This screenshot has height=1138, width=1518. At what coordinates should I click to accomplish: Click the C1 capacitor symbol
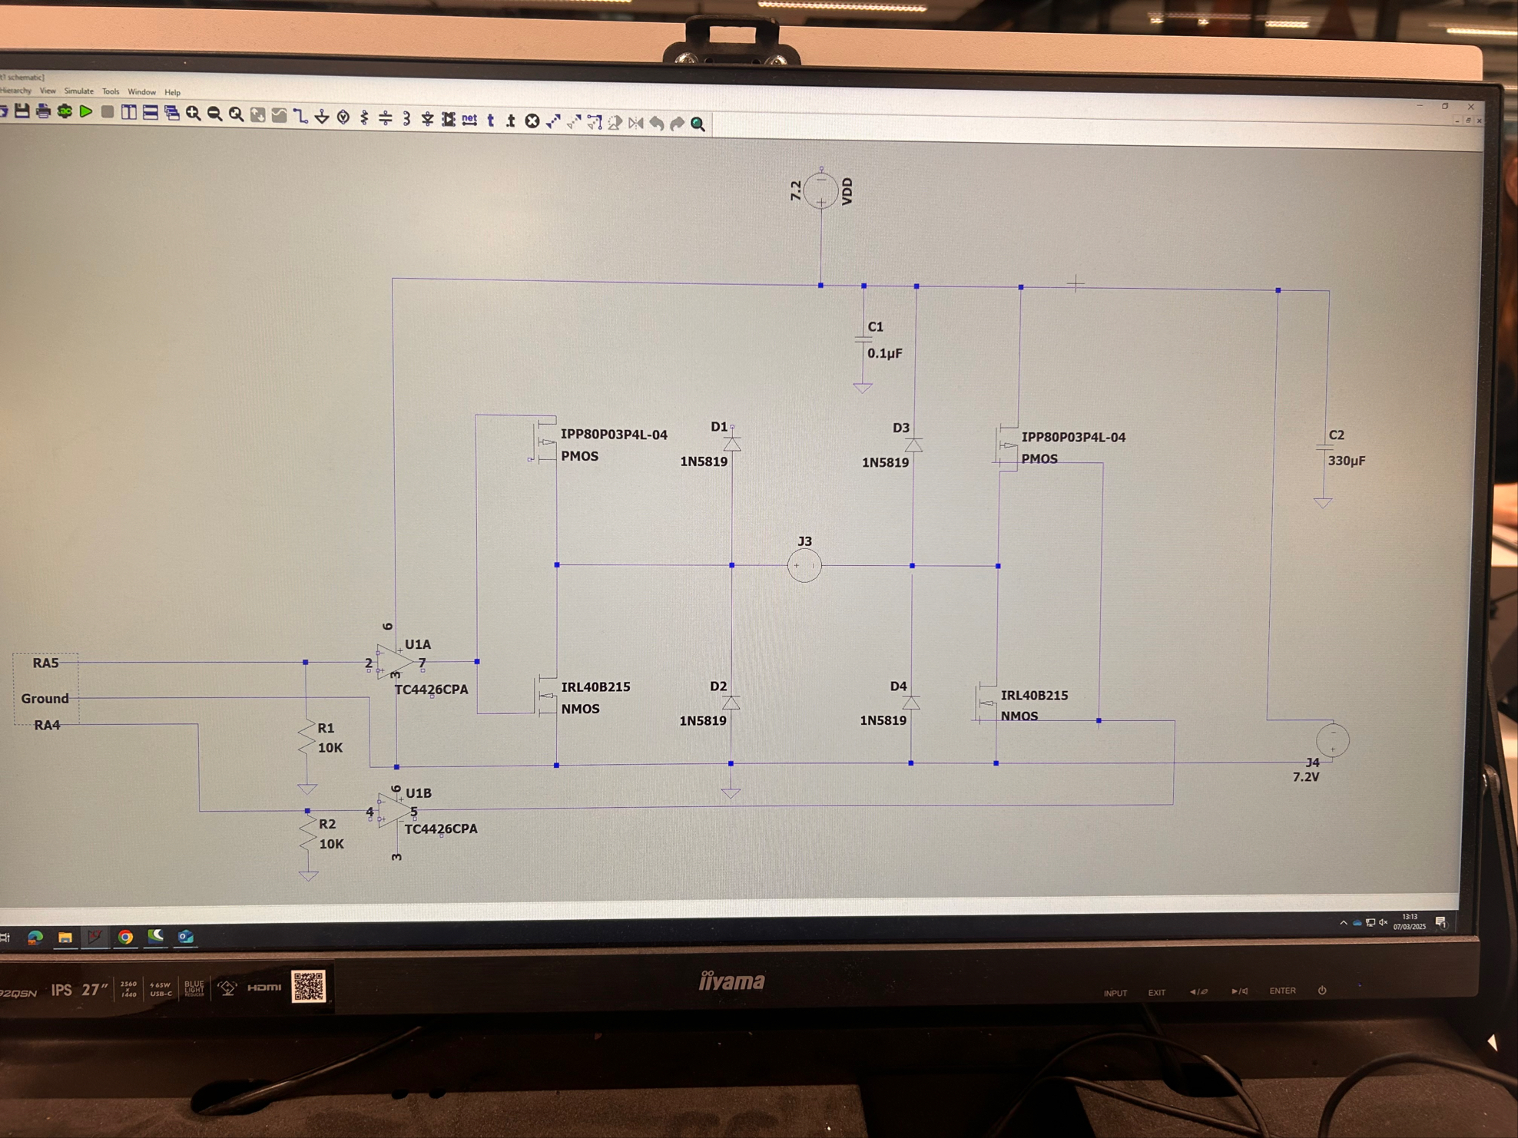[x=863, y=340]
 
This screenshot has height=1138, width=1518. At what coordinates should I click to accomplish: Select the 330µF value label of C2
[x=1346, y=461]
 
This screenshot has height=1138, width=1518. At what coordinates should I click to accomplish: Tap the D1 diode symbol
[x=731, y=444]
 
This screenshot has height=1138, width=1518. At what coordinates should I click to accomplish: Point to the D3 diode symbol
[x=913, y=445]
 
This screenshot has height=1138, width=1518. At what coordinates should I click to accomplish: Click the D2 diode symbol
[x=731, y=703]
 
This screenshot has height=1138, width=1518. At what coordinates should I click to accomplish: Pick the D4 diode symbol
[x=911, y=703]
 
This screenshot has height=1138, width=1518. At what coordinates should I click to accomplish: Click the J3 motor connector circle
[x=804, y=566]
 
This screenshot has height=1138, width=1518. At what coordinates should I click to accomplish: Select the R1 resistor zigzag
[x=307, y=738]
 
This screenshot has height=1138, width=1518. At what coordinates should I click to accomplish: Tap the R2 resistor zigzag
[x=308, y=833]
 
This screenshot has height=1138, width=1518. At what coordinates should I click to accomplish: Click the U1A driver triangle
[x=395, y=661]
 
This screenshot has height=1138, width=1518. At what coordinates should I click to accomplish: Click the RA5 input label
[x=45, y=663]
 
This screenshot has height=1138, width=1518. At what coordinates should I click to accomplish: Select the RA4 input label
[x=47, y=725]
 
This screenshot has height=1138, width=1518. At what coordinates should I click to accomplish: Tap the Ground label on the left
[x=45, y=698]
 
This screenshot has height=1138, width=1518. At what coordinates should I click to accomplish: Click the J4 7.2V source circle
[x=1332, y=740]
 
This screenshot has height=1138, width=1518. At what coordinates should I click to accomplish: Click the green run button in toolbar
[x=86, y=112]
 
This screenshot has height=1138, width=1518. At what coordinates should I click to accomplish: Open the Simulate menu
[x=78, y=91]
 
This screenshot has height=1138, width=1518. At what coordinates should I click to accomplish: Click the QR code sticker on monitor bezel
[x=309, y=987]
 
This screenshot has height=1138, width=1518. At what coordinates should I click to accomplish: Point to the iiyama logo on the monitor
[x=731, y=981]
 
